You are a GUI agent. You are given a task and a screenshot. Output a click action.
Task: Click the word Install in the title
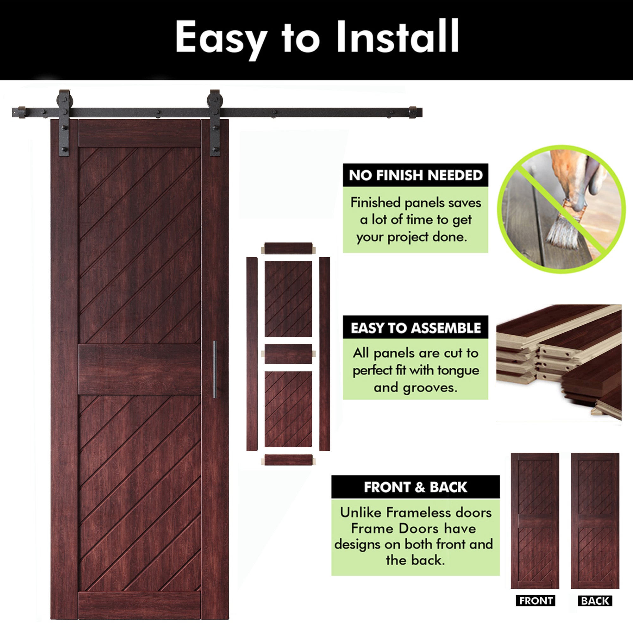click(x=398, y=36)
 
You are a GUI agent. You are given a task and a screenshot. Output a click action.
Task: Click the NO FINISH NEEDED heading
click(x=416, y=175)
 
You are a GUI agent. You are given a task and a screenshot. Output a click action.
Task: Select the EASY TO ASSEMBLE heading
click(x=416, y=328)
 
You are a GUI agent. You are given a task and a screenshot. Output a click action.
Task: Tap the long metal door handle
click(x=215, y=369)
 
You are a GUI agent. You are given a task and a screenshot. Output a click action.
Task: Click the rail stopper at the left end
click(x=22, y=112)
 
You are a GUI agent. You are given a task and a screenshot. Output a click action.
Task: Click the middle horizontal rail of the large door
click(x=140, y=369)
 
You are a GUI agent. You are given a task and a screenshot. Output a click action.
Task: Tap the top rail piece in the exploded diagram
click(x=288, y=248)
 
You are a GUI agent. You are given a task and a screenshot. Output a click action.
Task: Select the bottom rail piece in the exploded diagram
click(x=288, y=460)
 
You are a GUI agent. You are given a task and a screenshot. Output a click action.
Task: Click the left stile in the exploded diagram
click(x=252, y=354)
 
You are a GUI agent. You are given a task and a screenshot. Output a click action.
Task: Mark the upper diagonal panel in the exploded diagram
click(x=288, y=298)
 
